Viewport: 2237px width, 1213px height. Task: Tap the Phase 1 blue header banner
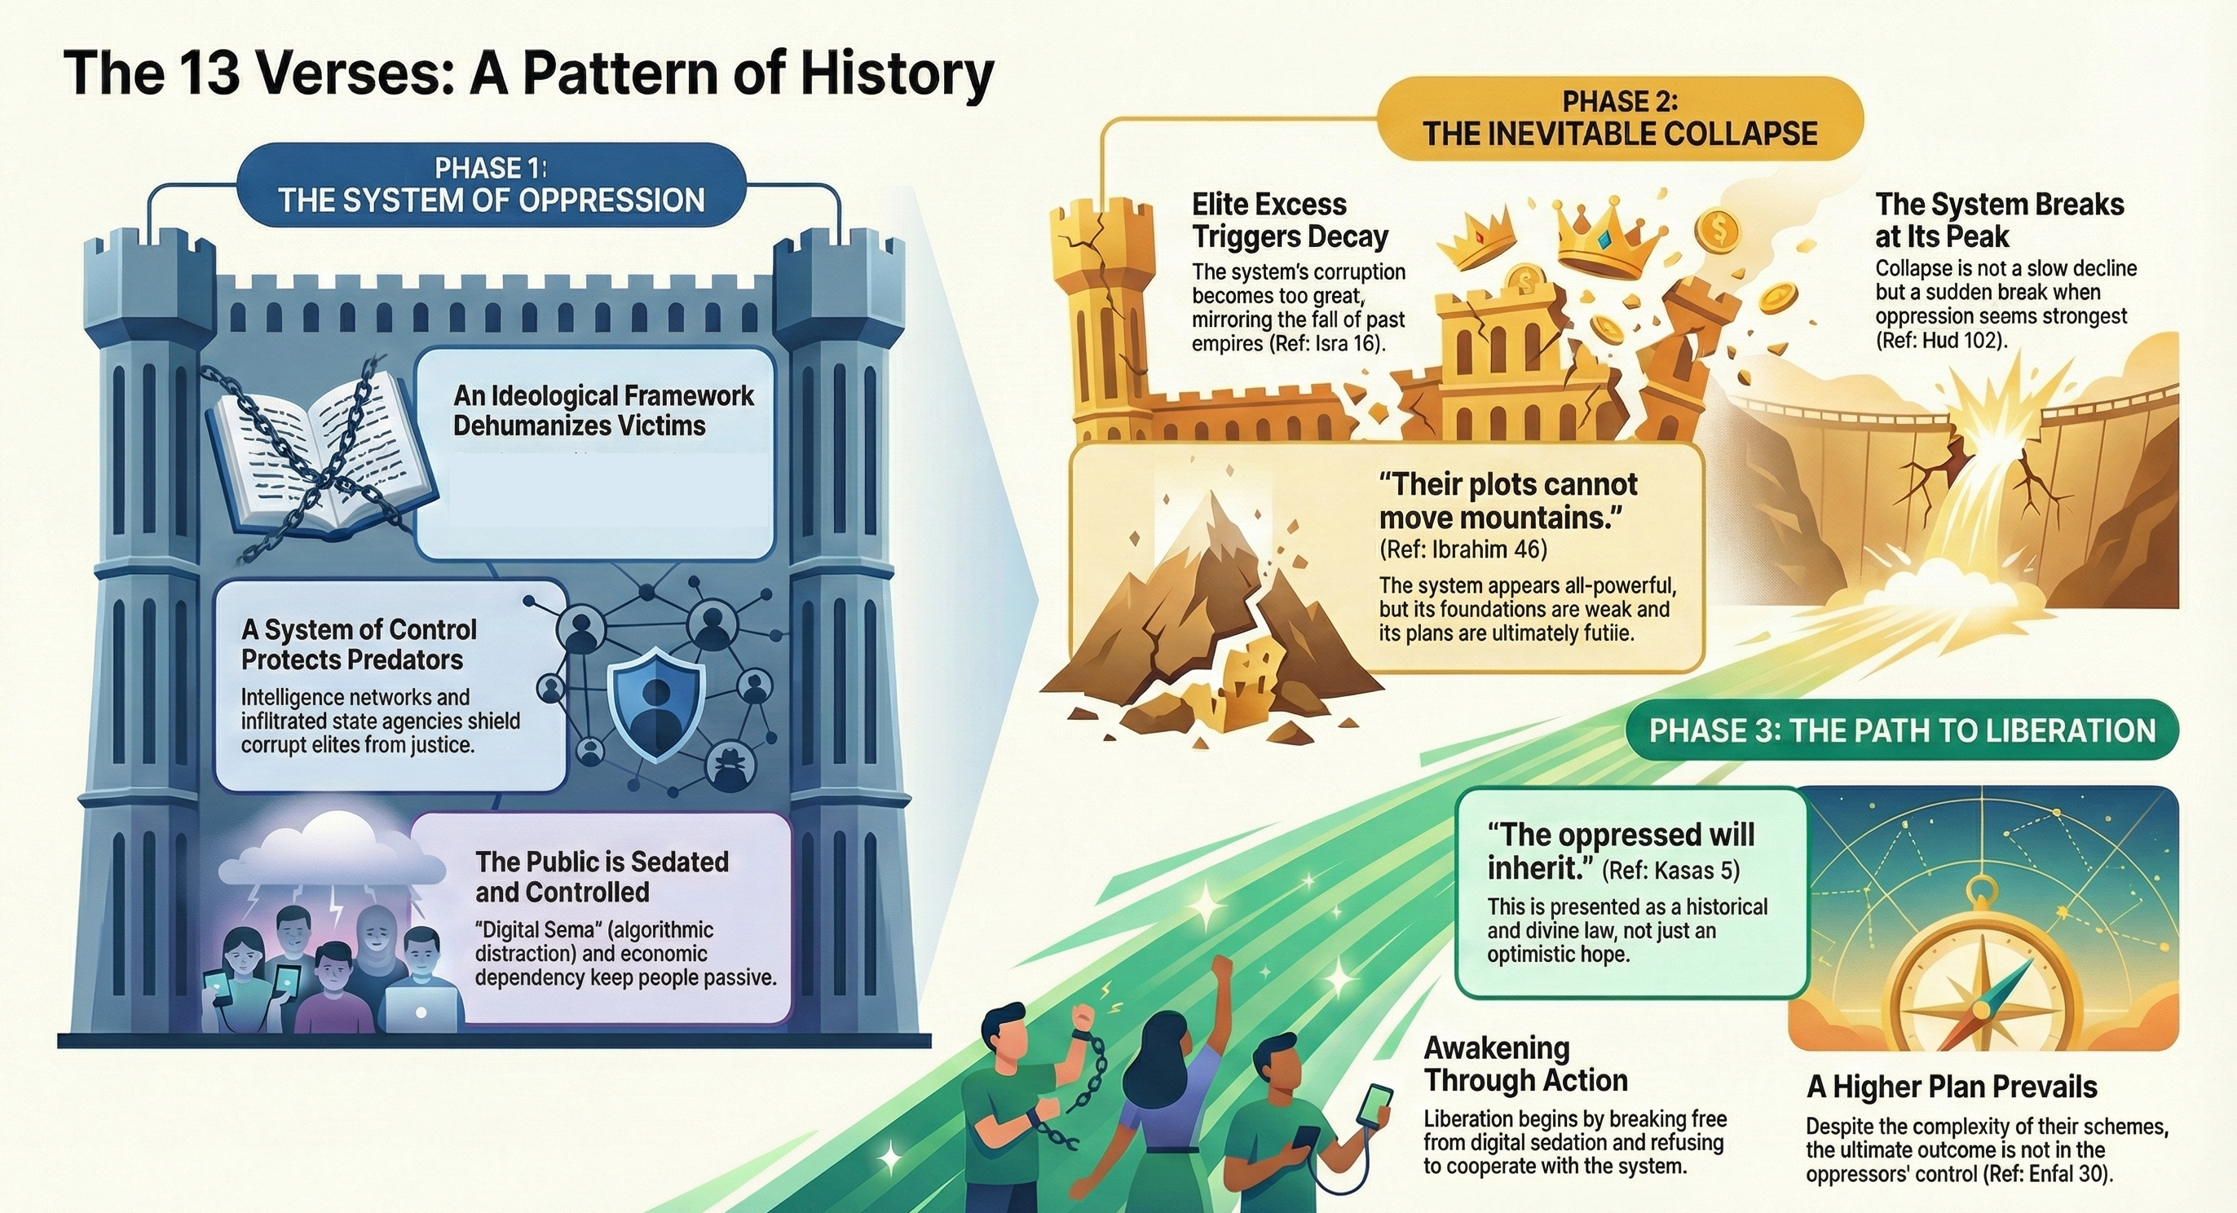[x=492, y=185]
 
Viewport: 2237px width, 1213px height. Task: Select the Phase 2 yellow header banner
[x=1621, y=118]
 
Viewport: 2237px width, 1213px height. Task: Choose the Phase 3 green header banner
[x=1902, y=730]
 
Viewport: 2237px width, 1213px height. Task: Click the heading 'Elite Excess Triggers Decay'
[x=1290, y=221]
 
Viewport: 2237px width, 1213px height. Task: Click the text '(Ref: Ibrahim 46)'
[x=1463, y=549]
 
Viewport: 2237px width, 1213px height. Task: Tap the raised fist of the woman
[x=1223, y=968]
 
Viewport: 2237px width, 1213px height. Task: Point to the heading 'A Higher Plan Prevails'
[x=1952, y=1087]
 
